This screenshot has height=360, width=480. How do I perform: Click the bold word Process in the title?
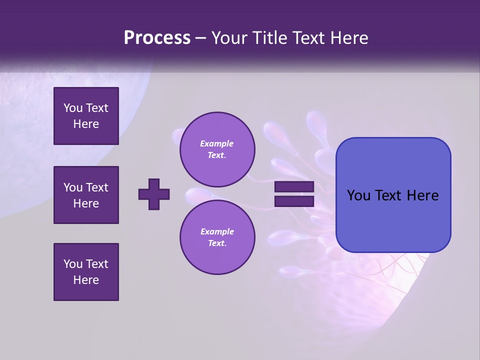tap(157, 38)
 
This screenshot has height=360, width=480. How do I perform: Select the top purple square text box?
tap(86, 116)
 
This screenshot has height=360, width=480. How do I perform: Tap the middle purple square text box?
tap(86, 195)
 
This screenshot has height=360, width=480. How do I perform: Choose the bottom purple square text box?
tap(86, 272)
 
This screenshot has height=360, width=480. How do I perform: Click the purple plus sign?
tap(154, 194)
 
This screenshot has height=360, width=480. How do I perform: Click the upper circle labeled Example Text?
tap(217, 149)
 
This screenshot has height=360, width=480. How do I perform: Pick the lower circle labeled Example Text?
tap(217, 237)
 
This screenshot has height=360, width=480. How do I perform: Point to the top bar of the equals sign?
tap(294, 187)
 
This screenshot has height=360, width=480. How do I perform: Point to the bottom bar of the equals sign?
tap(294, 201)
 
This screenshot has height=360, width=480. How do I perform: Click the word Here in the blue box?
tap(422, 195)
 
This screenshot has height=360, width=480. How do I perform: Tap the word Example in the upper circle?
tap(217, 143)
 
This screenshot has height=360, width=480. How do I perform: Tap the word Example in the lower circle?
tap(217, 231)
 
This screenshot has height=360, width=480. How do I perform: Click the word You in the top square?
tap(72, 108)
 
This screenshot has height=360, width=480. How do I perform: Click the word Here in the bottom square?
tap(86, 280)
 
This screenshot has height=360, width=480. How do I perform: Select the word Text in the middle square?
tap(97, 187)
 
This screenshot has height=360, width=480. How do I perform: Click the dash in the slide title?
tap(201, 38)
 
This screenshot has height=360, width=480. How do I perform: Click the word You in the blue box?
tap(358, 195)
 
